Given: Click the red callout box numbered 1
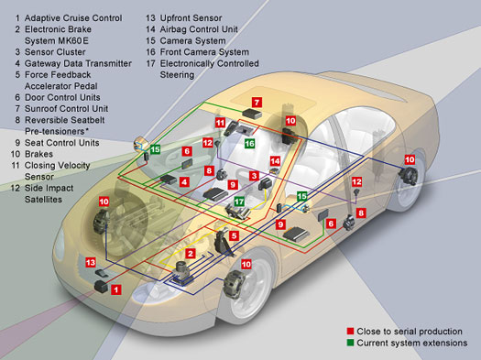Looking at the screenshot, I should click(115, 289).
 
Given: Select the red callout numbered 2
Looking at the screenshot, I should click(190, 252).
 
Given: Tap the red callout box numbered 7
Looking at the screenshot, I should click(257, 102).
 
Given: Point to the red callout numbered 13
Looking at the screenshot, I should click(91, 263).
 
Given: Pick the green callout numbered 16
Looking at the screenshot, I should click(249, 144).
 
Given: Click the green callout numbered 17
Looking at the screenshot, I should click(240, 202).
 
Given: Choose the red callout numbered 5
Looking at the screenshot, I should click(234, 235).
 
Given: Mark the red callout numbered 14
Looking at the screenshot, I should click(274, 162).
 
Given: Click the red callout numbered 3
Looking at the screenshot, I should click(253, 175).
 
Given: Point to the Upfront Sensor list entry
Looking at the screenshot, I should click(194, 17).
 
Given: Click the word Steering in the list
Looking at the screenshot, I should click(178, 75).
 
